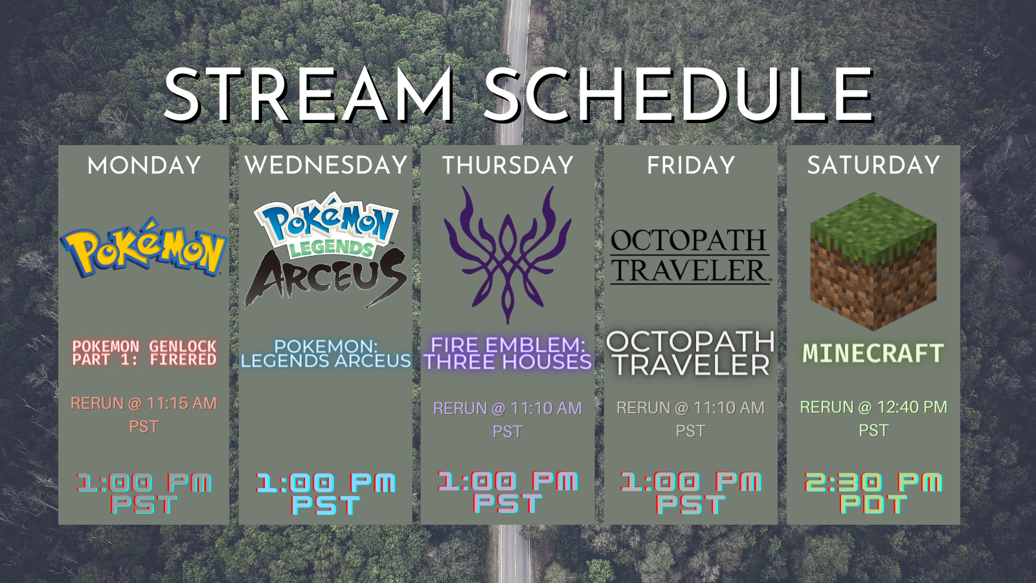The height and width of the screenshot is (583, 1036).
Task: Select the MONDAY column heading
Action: pos(144,165)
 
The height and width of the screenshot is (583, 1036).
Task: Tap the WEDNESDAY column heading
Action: pos(326,165)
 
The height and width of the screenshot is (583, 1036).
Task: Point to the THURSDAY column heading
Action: pos(508,165)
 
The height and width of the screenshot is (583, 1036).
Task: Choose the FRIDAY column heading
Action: pos(691,165)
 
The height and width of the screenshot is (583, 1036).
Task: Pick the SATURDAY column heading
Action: pos(873,165)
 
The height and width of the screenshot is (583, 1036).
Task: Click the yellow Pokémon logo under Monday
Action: pos(144,247)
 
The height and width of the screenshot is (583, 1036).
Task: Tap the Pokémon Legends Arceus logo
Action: pos(326,250)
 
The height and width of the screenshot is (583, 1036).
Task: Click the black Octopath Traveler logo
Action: pos(690,256)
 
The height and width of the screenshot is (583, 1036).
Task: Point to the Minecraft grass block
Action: pos(873,262)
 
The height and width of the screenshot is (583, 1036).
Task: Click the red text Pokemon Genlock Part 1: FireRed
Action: pos(144,353)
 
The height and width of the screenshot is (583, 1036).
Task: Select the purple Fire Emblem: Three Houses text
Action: pos(508,354)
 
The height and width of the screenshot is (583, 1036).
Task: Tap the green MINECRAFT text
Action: pos(873,353)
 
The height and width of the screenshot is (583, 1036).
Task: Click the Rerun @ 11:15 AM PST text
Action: pos(144,415)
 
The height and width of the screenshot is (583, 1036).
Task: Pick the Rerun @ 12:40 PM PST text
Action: pos(873,418)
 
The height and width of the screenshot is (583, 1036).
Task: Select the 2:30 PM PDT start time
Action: pos(873,493)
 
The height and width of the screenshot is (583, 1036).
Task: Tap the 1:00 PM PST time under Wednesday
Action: pos(326,494)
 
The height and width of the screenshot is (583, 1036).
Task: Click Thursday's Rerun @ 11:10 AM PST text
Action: pos(508,420)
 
